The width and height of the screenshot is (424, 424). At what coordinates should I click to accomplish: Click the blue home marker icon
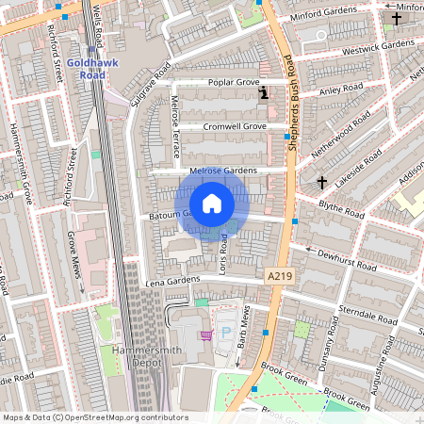(x=212, y=204)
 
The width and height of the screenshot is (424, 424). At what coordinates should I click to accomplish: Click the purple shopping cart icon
(x=205, y=334)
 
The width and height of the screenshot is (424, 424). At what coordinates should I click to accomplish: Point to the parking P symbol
(x=225, y=334)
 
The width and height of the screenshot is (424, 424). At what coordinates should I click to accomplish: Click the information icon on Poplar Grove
(x=264, y=92)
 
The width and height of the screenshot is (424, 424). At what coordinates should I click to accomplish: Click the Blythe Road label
(x=340, y=213)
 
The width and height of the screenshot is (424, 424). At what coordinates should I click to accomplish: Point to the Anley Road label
(x=341, y=90)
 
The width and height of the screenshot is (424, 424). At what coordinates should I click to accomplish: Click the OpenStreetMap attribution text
(x=94, y=417)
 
